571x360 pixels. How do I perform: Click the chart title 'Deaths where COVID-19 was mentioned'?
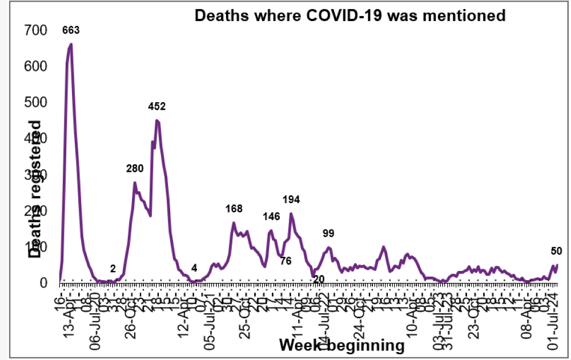click(350, 15)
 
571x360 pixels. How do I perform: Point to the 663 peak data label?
click(71, 30)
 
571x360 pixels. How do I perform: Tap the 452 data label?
click(156, 106)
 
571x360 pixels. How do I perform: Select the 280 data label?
click(135, 168)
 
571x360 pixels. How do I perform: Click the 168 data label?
click(234, 209)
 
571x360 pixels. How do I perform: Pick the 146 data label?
click(271, 217)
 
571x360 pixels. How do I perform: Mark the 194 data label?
click(291, 199)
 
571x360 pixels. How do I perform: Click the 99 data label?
click(328, 233)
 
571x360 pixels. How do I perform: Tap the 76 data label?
click(286, 261)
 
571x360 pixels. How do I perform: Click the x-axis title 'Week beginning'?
click(341, 345)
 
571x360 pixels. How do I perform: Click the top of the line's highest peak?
click(71, 44)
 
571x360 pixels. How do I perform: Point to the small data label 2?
click(113, 268)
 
